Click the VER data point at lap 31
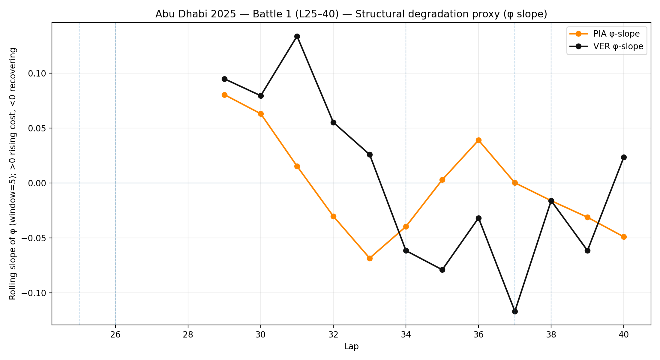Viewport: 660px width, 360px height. (297, 37)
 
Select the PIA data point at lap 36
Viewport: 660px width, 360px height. (478, 140)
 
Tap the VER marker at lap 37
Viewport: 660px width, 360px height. (515, 311)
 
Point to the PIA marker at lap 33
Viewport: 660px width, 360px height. (370, 258)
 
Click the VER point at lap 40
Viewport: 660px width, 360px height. (624, 157)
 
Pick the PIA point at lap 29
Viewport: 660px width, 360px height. (224, 95)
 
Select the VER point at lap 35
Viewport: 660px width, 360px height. (442, 270)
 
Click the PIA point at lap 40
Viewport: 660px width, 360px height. (624, 237)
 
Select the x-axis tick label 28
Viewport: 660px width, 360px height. (188, 335)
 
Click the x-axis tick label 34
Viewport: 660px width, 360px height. (406, 335)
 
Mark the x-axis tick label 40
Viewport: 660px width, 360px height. (624, 335)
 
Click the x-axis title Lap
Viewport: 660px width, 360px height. (351, 347)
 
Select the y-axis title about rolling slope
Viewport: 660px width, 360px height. (13, 174)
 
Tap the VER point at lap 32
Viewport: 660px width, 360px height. (333, 122)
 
